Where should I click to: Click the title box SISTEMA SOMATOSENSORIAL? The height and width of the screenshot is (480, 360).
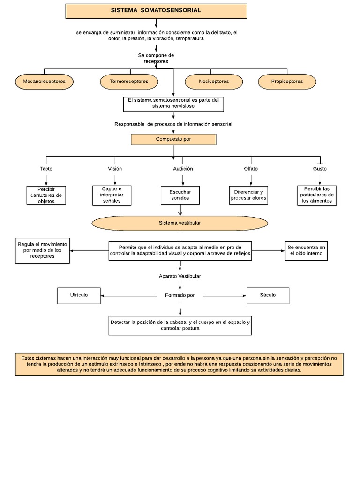(156, 11)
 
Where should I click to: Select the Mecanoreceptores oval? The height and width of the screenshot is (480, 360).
(45, 82)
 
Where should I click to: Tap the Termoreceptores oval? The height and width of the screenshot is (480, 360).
(129, 82)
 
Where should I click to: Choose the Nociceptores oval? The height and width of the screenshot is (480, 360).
(214, 82)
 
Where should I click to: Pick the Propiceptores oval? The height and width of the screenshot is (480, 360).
(287, 82)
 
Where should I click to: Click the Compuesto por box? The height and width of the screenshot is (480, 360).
(173, 139)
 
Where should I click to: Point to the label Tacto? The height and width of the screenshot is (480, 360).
(46, 169)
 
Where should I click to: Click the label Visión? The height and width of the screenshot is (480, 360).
(115, 169)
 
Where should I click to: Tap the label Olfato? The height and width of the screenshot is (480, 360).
(251, 169)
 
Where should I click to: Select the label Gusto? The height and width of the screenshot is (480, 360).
(320, 169)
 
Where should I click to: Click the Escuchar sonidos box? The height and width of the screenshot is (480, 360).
(180, 195)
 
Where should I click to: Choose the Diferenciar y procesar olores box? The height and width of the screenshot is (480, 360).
(248, 195)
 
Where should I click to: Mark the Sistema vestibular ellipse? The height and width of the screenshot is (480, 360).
(180, 223)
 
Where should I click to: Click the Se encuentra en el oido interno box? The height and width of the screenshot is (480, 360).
(306, 251)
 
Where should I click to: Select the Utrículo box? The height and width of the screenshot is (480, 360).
(79, 296)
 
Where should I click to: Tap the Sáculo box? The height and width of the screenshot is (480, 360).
(268, 296)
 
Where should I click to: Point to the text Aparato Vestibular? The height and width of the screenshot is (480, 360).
(180, 276)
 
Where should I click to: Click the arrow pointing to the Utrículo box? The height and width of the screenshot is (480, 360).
(129, 296)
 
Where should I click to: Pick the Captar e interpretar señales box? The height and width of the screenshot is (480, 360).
(112, 195)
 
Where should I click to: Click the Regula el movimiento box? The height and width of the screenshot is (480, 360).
(42, 251)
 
